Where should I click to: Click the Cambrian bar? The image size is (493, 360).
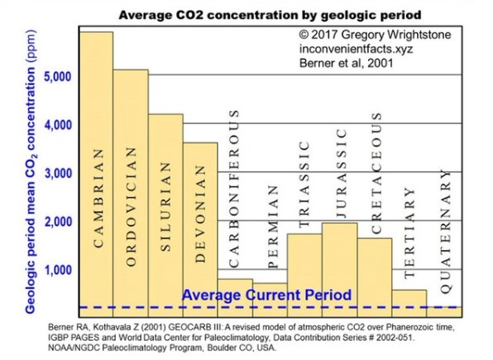pos(96,175)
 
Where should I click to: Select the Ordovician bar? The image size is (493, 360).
pos(131,193)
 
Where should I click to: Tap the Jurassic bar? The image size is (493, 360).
pos(340,270)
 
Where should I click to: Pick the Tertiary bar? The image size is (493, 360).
pos(409,304)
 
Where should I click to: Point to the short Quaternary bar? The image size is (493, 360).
pos(444,311)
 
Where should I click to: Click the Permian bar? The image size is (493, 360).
pos(270,300)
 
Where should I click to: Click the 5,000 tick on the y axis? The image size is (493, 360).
pos(58,76)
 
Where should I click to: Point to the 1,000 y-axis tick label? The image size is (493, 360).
pos(58,270)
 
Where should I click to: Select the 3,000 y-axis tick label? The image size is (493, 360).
pos(58,173)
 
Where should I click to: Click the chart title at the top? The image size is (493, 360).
pos(270,15)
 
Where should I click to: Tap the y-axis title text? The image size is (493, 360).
pos(30,171)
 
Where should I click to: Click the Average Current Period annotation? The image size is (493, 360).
pos(266,295)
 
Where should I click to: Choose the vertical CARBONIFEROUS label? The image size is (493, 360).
pos(233,189)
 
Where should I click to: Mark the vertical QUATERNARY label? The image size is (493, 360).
pos(446,232)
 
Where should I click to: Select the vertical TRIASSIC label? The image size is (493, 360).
pos(304,184)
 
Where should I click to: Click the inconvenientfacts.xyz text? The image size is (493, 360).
pos(356,49)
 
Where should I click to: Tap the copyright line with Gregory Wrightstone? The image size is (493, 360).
pos(375,34)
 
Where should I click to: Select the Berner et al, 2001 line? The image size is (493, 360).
pos(346,63)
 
